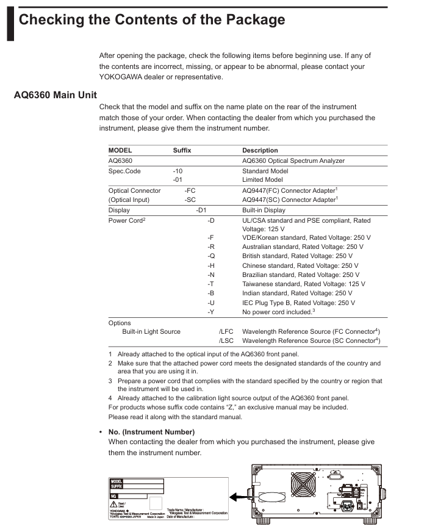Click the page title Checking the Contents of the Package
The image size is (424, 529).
(152, 20)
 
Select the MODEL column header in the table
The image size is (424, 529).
(120, 150)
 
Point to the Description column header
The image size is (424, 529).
(260, 150)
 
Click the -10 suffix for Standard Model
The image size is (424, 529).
(178, 171)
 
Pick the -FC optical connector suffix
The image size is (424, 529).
(190, 190)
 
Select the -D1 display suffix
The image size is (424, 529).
(201, 210)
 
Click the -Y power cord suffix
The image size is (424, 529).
(210, 312)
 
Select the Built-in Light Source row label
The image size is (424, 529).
(151, 331)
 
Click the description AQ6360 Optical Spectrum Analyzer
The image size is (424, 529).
(293, 161)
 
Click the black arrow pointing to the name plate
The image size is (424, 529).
(239, 497)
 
